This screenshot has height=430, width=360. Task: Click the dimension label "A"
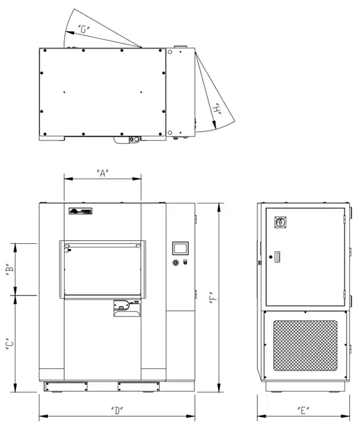(103, 173)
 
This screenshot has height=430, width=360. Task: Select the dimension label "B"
(10, 269)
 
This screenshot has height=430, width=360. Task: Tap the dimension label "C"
(10, 344)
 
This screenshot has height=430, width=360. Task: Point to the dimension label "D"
(117, 411)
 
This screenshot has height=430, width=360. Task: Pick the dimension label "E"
(303, 411)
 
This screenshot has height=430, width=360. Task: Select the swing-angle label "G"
(84, 29)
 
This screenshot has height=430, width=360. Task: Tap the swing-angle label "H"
(217, 109)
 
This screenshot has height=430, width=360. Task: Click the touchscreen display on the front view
(180, 249)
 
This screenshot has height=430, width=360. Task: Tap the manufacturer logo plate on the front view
(80, 211)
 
